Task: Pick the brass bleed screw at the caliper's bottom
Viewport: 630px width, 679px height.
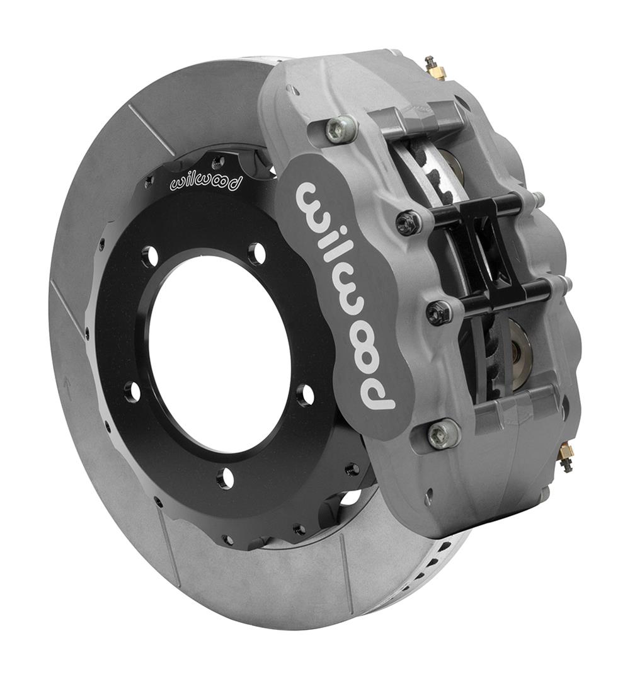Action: tap(566, 457)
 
